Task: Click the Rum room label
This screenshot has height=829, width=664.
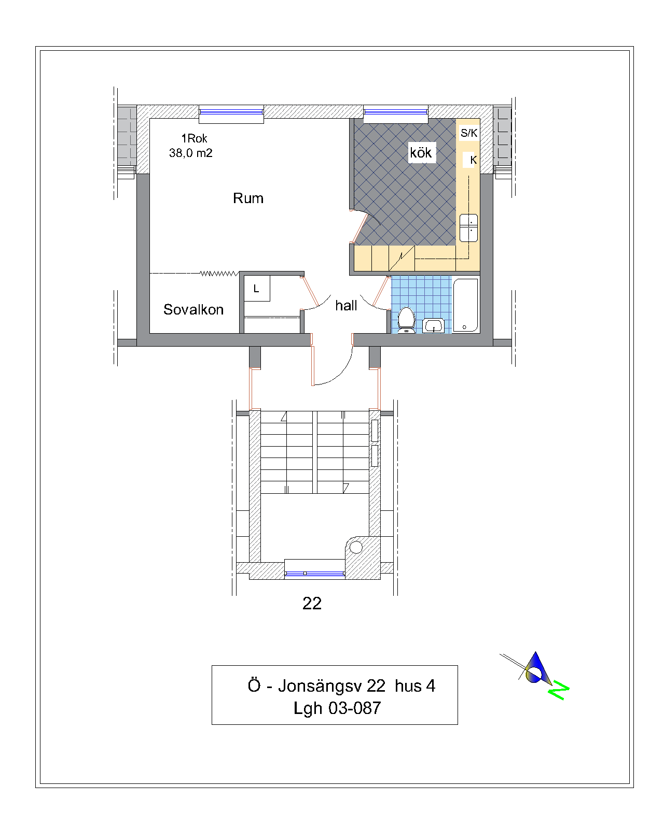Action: (247, 198)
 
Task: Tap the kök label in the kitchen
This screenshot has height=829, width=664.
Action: (420, 152)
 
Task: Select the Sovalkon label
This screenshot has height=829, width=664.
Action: (193, 309)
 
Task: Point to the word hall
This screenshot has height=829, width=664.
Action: (345, 305)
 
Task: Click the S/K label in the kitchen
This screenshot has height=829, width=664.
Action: (469, 133)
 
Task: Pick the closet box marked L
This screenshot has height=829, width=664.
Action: (257, 288)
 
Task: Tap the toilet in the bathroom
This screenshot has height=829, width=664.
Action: (406, 320)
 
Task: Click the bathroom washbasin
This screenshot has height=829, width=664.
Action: (433, 326)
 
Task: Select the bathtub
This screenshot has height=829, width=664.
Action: (465, 305)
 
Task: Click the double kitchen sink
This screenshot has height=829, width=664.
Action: (468, 227)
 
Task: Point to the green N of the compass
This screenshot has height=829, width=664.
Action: (558, 690)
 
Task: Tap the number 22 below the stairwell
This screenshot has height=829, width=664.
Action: (312, 603)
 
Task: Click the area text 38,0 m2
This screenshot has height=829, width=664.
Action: (190, 153)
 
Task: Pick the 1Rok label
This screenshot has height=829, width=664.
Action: (194, 138)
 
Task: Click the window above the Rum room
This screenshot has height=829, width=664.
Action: (231, 112)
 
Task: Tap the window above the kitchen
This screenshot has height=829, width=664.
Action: (395, 112)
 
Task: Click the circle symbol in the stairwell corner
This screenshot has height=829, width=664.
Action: (356, 547)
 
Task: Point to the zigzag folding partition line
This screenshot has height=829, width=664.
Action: (219, 274)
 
